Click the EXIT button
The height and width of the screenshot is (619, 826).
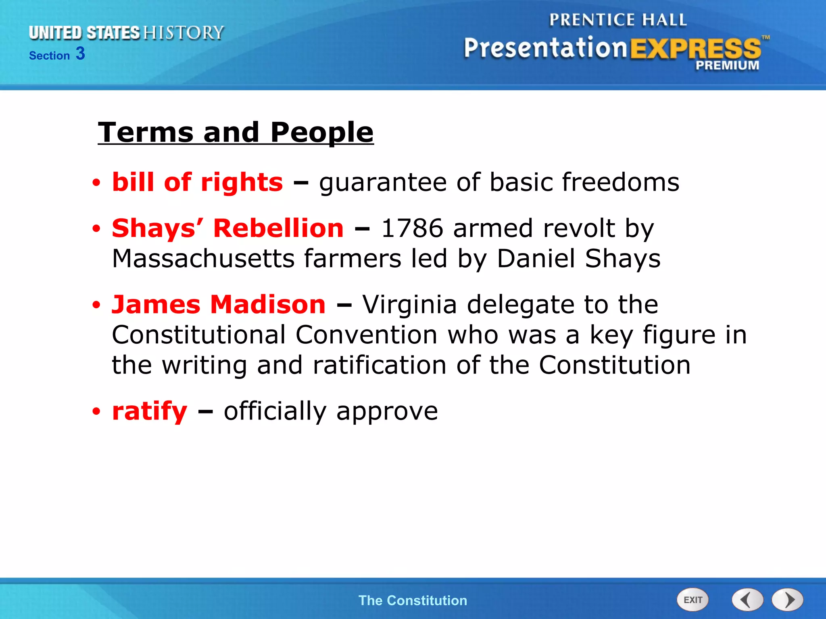pyautogui.click(x=692, y=600)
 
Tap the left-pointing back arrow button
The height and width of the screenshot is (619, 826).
pyautogui.click(x=747, y=600)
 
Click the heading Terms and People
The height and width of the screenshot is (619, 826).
pyautogui.click(x=236, y=132)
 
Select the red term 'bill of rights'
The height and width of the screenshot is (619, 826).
pyautogui.click(x=197, y=182)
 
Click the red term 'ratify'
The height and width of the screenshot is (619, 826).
pyautogui.click(x=150, y=411)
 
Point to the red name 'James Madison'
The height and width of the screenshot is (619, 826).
pyautogui.click(x=219, y=304)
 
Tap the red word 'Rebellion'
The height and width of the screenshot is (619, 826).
pyautogui.click(x=278, y=228)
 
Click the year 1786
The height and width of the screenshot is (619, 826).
pyautogui.click(x=412, y=228)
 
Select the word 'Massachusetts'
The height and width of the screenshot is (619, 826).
pyautogui.click(x=203, y=258)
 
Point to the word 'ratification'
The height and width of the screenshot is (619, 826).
pyautogui.click(x=380, y=365)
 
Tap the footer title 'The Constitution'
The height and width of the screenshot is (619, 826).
pyautogui.click(x=413, y=600)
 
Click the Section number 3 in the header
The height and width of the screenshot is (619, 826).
pyautogui.click(x=80, y=54)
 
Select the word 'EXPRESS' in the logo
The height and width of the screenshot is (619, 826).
pyautogui.click(x=695, y=49)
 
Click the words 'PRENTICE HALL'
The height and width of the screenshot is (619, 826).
pyautogui.click(x=617, y=20)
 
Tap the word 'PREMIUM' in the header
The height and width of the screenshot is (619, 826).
pyautogui.click(x=727, y=65)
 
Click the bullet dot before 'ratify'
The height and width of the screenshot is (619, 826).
pyautogui.click(x=96, y=412)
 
